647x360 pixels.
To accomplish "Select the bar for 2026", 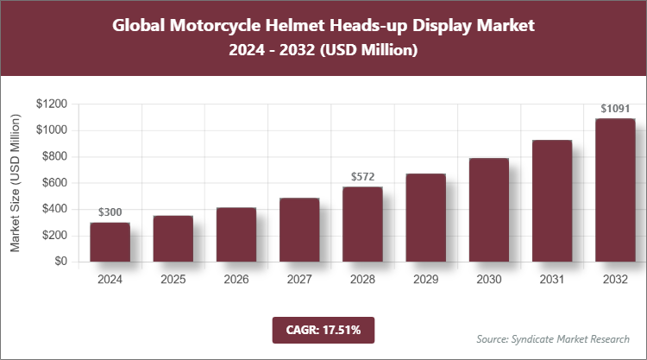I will (x=236, y=234).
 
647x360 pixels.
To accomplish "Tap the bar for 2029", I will (x=425, y=218).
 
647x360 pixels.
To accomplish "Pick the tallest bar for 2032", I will (x=615, y=190).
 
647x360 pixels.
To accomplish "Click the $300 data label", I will (x=110, y=212).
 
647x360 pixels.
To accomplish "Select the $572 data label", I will (x=362, y=176).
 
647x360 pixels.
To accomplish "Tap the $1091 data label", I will (x=615, y=109).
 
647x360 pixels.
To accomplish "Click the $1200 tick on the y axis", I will (x=52, y=104).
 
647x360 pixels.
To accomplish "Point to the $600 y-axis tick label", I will (x=54, y=183).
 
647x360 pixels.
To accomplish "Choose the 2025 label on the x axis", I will (x=173, y=280).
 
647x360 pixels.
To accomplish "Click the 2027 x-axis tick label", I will (x=299, y=280).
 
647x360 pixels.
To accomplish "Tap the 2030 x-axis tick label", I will (x=489, y=280).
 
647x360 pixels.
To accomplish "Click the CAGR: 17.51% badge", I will (x=323, y=329).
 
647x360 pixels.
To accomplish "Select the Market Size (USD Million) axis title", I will (x=16, y=182).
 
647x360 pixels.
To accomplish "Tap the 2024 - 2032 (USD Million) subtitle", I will (x=323, y=51).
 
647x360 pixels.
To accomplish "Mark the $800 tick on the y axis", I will (x=54, y=156).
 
